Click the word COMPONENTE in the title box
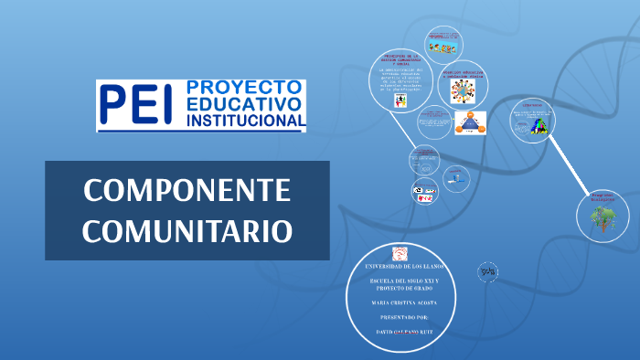pyautogui.click(x=187, y=191)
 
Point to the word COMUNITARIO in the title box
pyautogui.click(x=187, y=229)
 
